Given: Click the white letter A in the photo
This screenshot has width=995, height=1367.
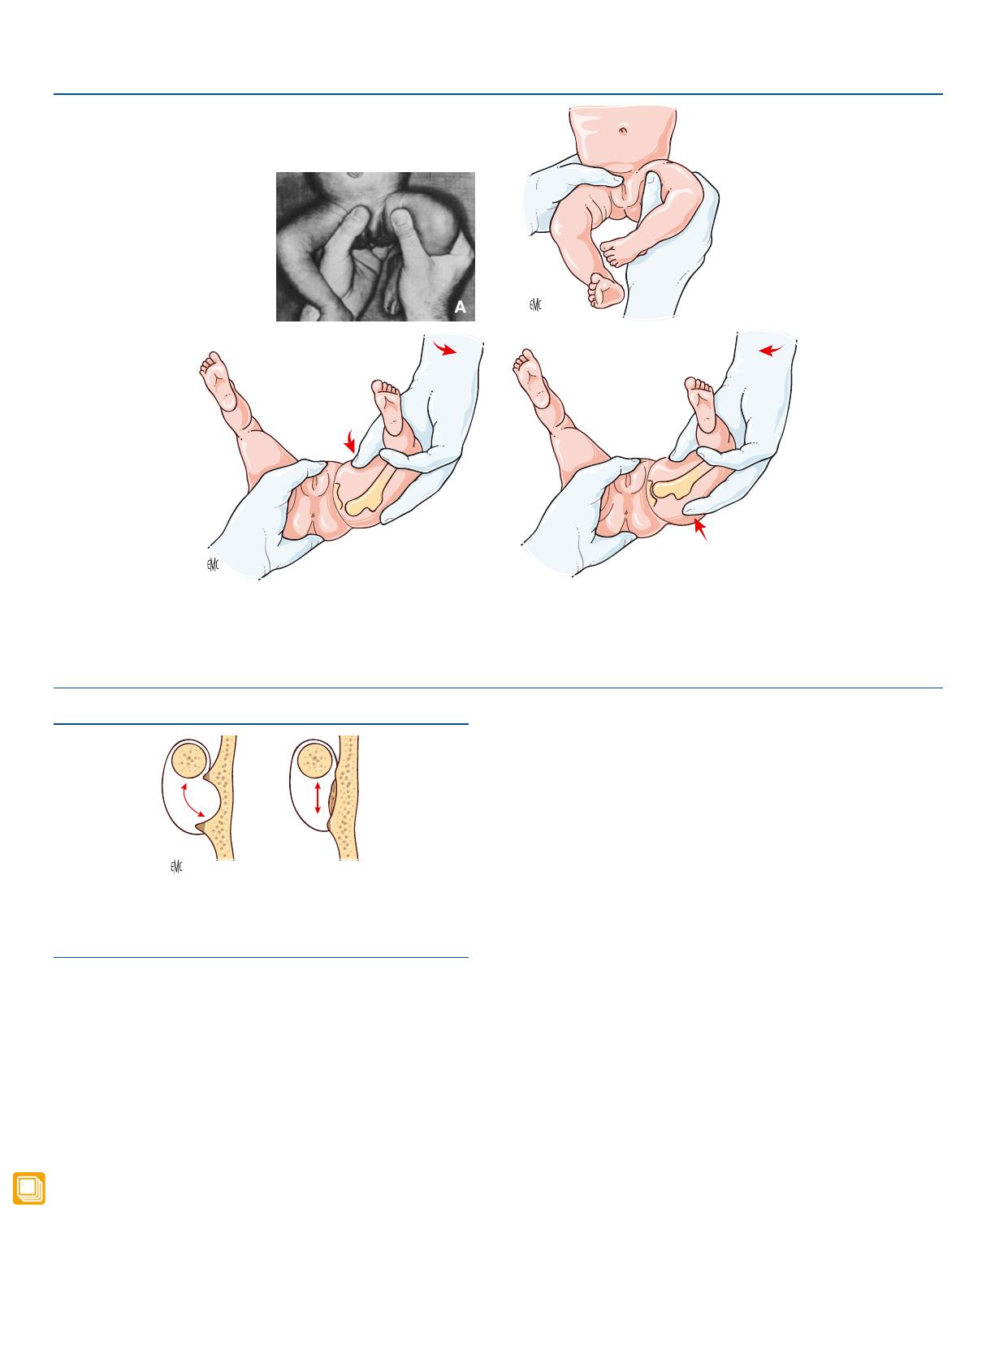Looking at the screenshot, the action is point(460,307).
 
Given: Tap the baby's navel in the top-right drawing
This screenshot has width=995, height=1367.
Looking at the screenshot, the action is point(623,129).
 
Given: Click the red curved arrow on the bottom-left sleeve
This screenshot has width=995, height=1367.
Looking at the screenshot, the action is point(444,348).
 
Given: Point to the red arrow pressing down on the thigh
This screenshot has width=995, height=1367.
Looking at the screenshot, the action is point(349,441).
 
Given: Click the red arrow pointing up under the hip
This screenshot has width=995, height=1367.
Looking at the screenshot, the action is point(700,528).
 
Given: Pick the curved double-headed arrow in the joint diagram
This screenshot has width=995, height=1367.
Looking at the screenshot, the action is point(193,800).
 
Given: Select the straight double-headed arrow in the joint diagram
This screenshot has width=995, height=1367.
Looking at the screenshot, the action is point(318,798).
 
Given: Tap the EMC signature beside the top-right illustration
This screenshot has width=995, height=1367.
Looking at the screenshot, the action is point(535,304).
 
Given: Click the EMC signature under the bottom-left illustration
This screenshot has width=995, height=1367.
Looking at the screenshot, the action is point(213,564).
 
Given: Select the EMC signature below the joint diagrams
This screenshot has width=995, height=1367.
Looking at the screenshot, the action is point(176,867).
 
